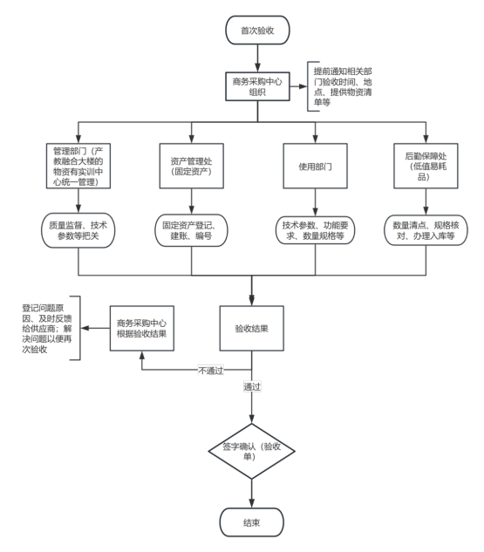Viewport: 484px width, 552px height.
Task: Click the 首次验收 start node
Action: tap(257, 31)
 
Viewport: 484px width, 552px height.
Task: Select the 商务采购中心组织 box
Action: tap(257, 86)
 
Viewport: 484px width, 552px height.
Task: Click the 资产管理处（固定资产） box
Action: tap(191, 166)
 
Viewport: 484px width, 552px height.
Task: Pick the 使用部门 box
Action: tap(315, 166)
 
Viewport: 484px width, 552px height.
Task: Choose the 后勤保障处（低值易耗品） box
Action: tap(426, 166)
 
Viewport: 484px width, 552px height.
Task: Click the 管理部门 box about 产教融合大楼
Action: tap(78, 166)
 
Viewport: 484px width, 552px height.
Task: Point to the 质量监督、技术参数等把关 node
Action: tap(78, 230)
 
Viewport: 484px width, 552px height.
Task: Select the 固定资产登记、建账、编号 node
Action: tap(191, 230)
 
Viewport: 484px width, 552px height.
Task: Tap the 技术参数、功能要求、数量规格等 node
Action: tap(315, 230)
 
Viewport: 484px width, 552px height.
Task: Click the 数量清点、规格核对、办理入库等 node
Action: tap(426, 230)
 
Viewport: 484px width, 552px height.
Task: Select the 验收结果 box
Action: tap(252, 328)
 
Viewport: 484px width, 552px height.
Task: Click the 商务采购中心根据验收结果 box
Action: tap(142, 328)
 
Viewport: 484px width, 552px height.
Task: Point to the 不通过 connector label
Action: tap(211, 371)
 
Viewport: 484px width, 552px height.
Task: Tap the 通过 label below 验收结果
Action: tap(252, 386)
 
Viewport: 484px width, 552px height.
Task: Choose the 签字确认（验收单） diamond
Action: tap(252, 451)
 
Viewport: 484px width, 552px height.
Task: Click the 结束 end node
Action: tap(252, 522)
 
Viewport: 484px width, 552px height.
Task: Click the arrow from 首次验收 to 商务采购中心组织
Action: tap(257, 58)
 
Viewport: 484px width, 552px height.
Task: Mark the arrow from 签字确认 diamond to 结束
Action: tap(252, 494)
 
